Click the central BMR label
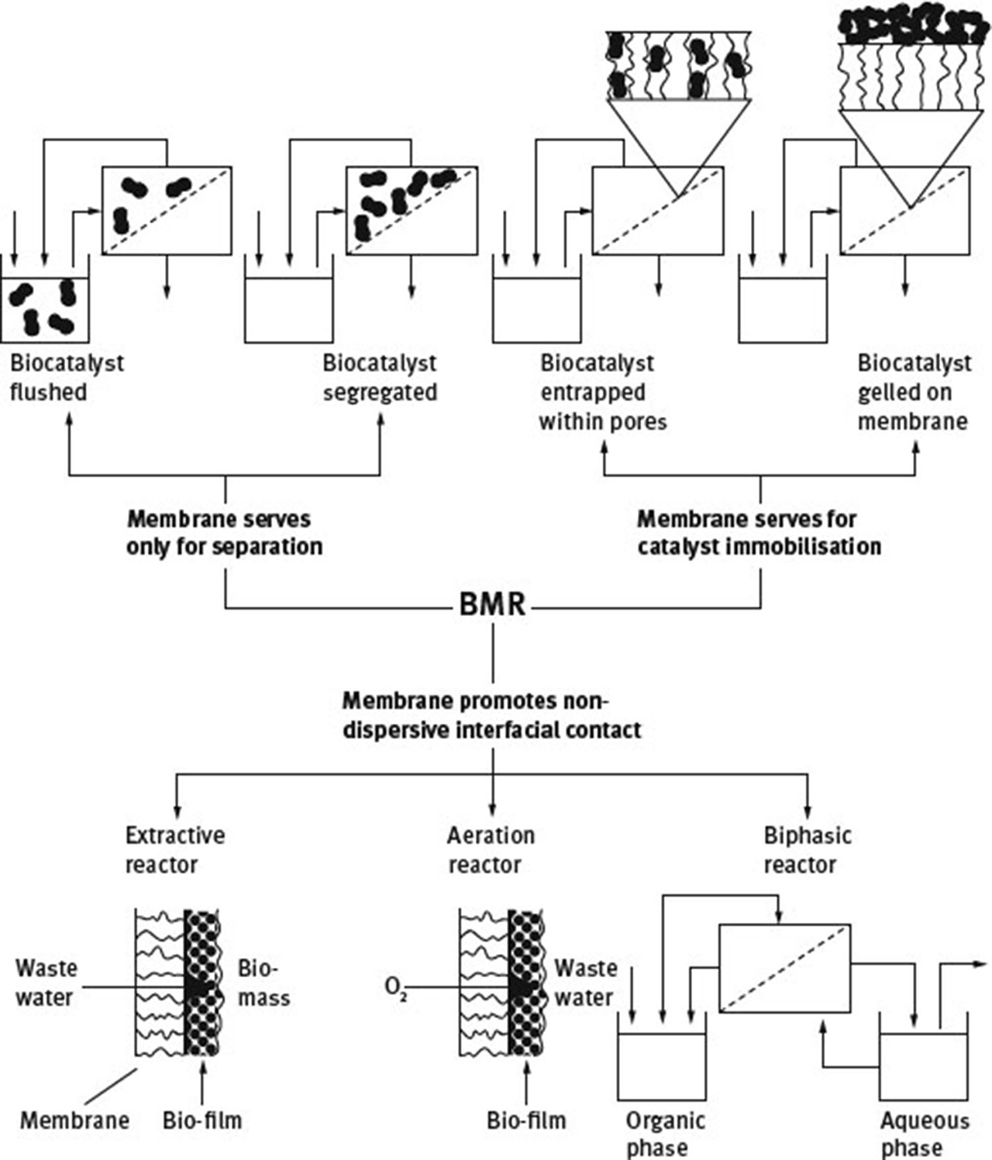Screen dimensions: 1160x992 pos(493,604)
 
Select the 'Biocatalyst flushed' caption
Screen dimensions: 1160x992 pos(67,377)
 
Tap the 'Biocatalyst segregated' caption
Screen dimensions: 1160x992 pos(380,377)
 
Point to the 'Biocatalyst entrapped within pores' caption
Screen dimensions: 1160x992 pos(602,392)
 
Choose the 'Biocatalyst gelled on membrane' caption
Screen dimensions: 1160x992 pos(914,392)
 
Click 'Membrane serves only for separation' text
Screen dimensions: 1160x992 pos(224,532)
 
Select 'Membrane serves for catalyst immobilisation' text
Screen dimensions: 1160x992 pos(759,532)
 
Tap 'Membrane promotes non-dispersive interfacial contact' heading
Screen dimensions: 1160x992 pos(491,715)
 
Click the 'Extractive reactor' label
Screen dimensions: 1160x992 pos(175,849)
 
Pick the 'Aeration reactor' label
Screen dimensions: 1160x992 pos(491,849)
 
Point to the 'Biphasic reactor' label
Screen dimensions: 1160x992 pos(807,849)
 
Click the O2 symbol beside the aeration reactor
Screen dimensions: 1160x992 pos(395,989)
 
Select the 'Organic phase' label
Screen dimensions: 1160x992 pos(665,1134)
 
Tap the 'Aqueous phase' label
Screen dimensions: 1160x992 pos(924,1134)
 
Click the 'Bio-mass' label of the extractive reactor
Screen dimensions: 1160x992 pos(263,983)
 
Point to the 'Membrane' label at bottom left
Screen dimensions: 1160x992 pos(74,1120)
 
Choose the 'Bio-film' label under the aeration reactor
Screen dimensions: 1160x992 pos(526,1120)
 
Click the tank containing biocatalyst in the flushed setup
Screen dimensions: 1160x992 pos(45,308)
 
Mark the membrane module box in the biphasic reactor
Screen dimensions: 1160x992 pos(784,968)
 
